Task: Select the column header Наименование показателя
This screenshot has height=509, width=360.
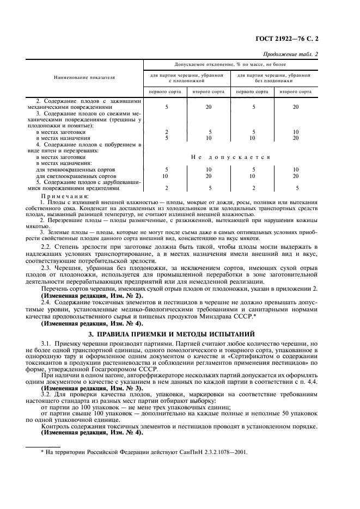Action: [84, 78]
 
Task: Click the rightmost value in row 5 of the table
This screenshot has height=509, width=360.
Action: [296, 188]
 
